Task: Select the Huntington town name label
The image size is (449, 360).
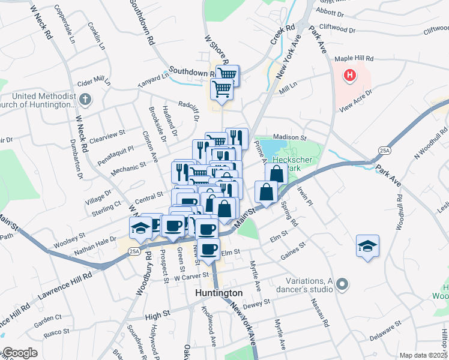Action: (220, 293)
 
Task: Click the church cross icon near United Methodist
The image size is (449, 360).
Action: (85, 99)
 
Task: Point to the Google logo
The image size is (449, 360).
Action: (20, 353)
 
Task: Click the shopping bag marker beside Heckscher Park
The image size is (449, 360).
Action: (277, 174)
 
